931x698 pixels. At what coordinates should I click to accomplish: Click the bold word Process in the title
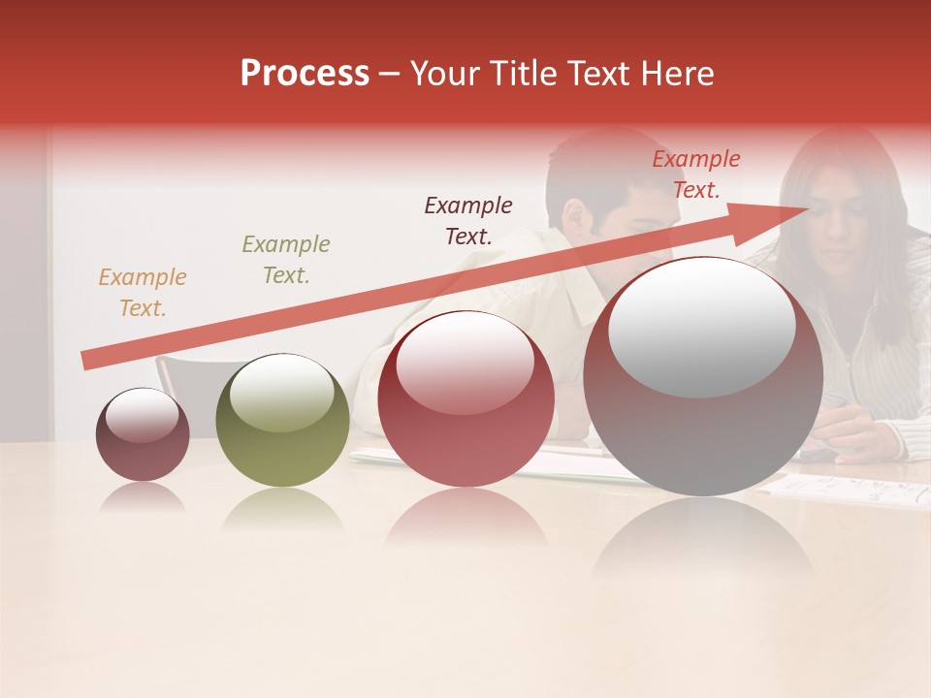point(305,74)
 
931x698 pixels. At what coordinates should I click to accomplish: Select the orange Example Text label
point(142,292)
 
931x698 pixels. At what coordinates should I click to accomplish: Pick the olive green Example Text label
point(286,259)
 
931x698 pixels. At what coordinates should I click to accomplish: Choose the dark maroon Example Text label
point(468,220)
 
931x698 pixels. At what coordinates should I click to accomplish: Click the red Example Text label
point(696,174)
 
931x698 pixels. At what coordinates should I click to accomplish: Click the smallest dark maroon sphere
point(143,435)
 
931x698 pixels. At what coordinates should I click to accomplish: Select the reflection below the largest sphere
point(703,543)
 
